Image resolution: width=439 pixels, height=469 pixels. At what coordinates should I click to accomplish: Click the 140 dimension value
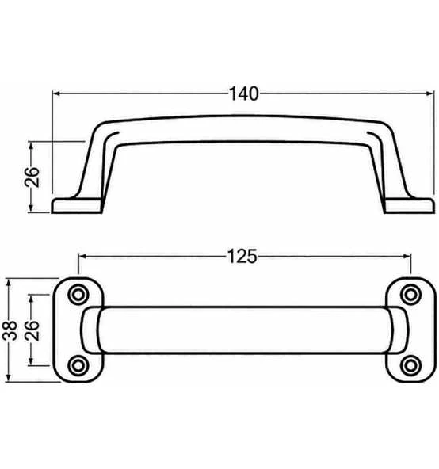pyautogui.click(x=243, y=94)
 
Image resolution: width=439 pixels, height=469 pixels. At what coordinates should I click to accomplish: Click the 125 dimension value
pyautogui.click(x=242, y=257)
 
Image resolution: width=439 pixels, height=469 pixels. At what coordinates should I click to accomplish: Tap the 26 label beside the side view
pyautogui.click(x=32, y=177)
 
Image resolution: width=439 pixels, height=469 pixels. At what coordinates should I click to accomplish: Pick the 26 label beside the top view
pyautogui.click(x=32, y=330)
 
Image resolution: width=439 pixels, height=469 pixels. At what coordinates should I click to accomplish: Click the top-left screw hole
pyautogui.click(x=78, y=295)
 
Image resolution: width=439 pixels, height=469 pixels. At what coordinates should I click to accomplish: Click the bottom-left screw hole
pyautogui.click(x=78, y=365)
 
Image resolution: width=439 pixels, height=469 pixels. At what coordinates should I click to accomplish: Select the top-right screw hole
pyautogui.click(x=411, y=295)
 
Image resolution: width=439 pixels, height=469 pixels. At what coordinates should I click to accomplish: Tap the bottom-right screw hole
pyautogui.click(x=411, y=365)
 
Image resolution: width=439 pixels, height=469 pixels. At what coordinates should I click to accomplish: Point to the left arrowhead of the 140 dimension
pyautogui.click(x=56, y=93)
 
